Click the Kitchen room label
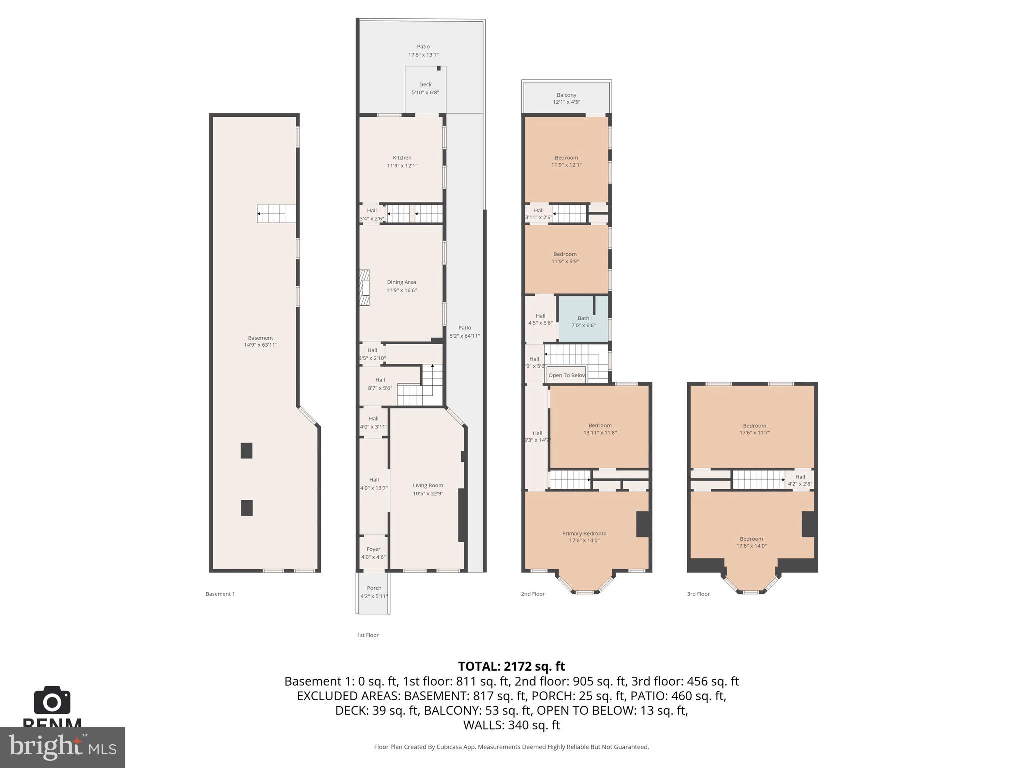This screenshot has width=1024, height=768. (x=402, y=158)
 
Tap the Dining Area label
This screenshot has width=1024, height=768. (x=401, y=282)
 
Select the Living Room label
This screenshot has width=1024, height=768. (x=428, y=485)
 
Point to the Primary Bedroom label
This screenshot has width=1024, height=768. (x=584, y=533)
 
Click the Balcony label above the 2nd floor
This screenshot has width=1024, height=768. (x=566, y=95)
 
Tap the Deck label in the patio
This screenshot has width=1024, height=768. (x=425, y=85)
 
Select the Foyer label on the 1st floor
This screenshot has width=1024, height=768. (x=373, y=549)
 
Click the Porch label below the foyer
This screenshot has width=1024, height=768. (x=374, y=588)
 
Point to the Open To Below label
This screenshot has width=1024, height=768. (x=567, y=375)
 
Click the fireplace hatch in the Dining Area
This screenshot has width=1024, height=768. (x=365, y=288)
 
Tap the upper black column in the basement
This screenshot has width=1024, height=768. (x=246, y=450)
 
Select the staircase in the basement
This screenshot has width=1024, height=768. (x=276, y=214)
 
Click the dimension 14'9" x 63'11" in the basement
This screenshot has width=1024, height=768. (x=260, y=345)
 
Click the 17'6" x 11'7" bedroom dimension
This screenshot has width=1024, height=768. (x=754, y=433)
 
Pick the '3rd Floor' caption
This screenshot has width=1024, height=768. (x=698, y=594)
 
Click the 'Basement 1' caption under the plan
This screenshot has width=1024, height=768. (x=220, y=594)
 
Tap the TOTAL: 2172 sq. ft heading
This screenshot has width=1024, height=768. (x=511, y=666)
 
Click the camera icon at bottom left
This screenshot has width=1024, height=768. (x=52, y=701)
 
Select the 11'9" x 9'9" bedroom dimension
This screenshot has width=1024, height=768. (x=565, y=261)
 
